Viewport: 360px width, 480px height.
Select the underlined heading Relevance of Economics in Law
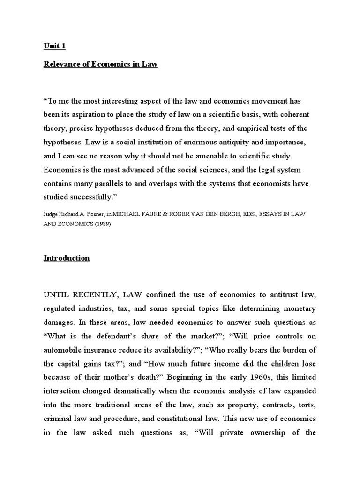[100, 65]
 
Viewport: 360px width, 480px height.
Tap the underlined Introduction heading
[66, 258]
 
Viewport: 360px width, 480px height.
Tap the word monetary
[298, 308]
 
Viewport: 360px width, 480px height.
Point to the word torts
[306, 405]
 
